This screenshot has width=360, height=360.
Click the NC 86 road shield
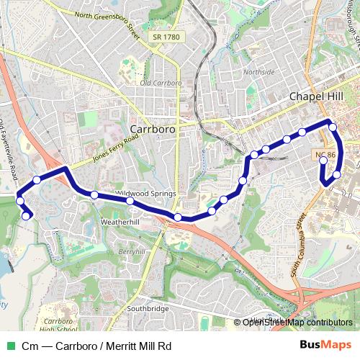[x=325, y=156]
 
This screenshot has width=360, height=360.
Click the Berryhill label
[x=132, y=252]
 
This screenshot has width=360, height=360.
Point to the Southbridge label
[x=148, y=309]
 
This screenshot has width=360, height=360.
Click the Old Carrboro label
[x=161, y=83]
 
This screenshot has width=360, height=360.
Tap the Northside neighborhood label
[x=259, y=72]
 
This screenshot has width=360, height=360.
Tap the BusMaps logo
[x=326, y=346]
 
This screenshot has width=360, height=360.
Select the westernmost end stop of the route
[x=27, y=215]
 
